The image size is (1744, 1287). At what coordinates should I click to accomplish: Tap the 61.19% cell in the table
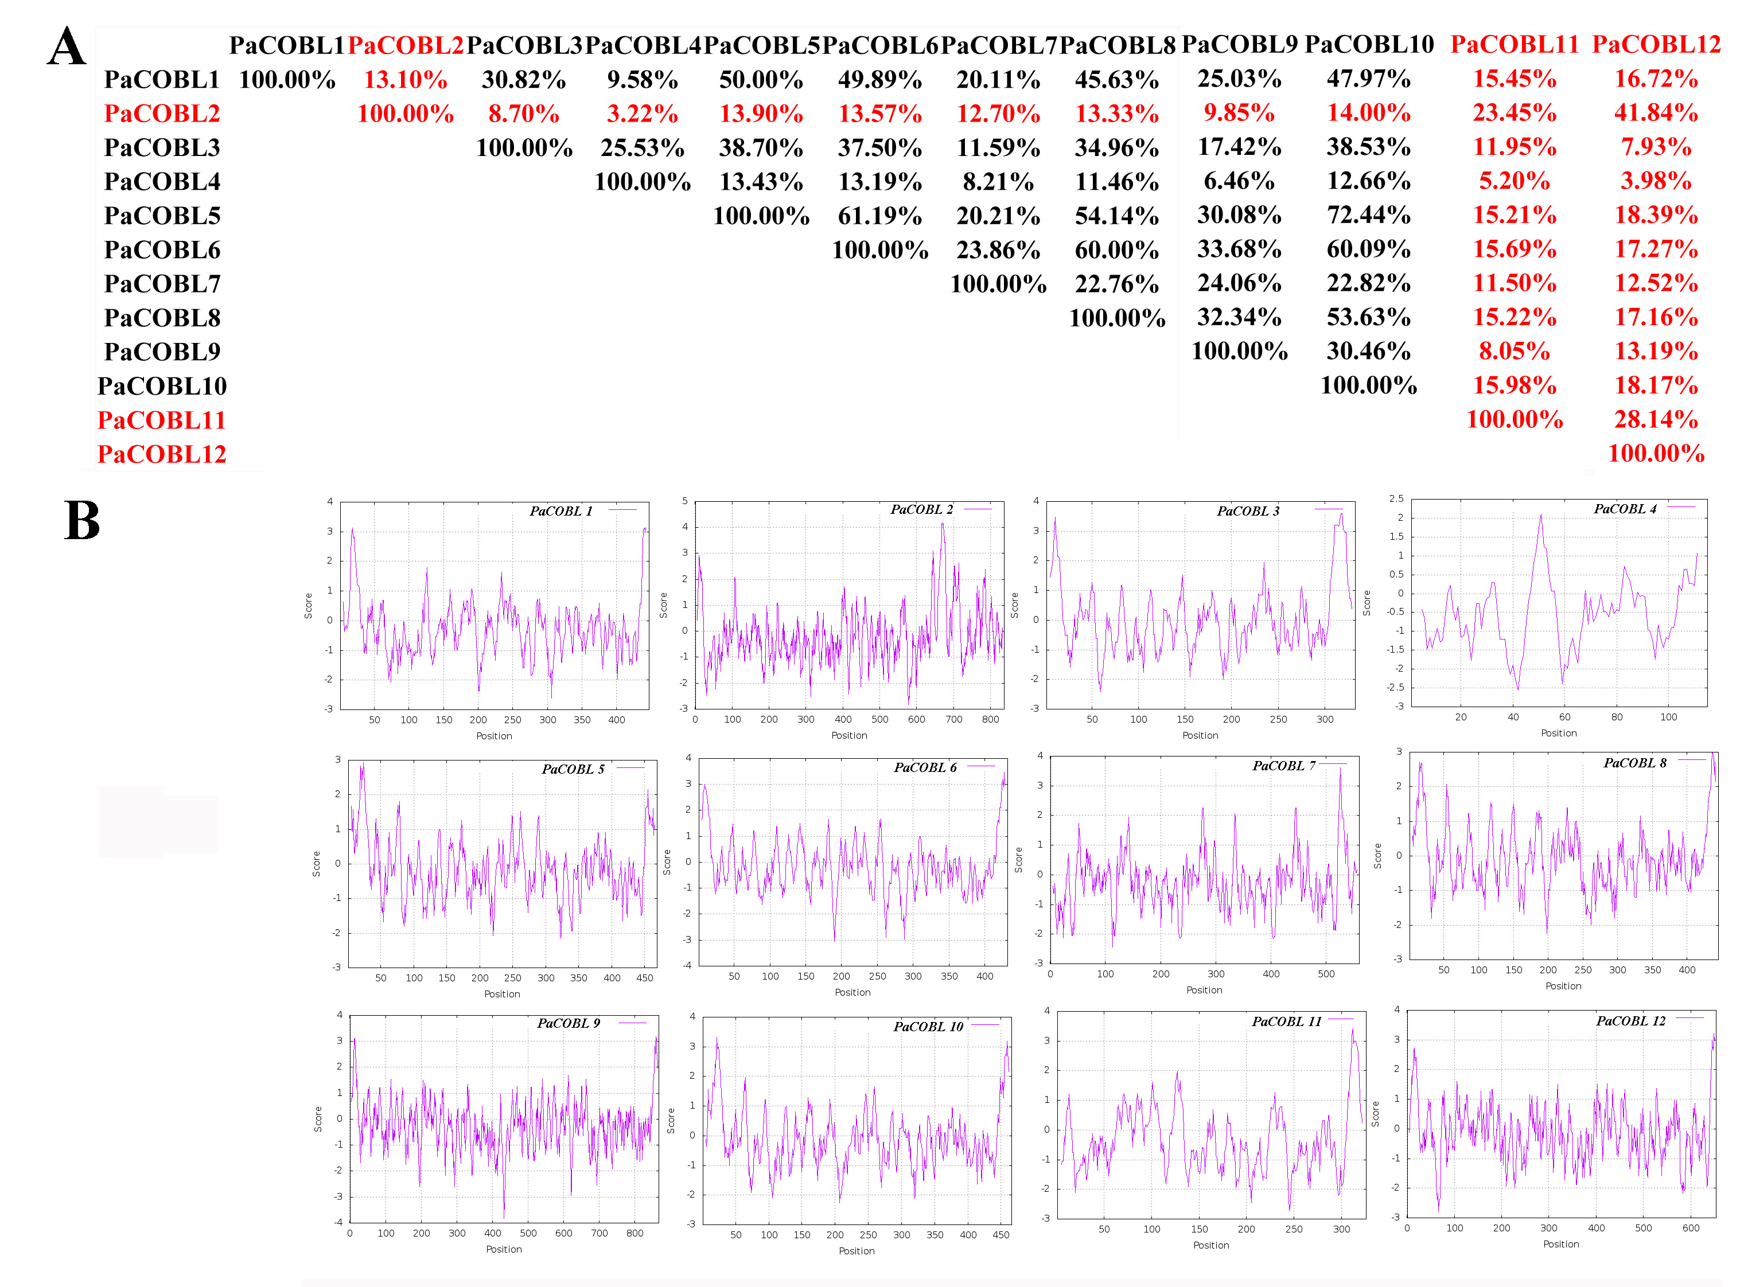coord(880,216)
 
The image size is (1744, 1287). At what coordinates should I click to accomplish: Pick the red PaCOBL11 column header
coord(1513,44)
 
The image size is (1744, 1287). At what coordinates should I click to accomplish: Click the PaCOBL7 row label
coord(162,283)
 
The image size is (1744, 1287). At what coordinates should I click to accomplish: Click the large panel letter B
coord(82,520)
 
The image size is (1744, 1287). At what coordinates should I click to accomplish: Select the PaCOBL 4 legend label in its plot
coord(1624,509)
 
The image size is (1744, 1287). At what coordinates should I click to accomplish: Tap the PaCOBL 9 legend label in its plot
coord(568,1023)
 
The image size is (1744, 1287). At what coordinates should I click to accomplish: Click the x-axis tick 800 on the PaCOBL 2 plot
coord(990,719)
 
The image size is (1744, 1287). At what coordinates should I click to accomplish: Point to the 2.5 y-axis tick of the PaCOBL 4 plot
coord(1396,498)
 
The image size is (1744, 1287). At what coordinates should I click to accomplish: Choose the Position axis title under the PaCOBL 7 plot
coord(1204,990)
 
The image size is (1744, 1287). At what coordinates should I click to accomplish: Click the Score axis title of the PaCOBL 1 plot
coord(309,605)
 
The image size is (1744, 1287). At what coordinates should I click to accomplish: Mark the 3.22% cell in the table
coord(642,114)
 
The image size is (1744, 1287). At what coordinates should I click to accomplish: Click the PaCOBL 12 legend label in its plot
coord(1630,1020)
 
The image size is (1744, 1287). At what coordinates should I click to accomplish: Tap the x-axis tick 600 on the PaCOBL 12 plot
coord(1690,1228)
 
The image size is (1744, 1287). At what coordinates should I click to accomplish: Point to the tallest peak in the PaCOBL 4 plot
coord(1540,516)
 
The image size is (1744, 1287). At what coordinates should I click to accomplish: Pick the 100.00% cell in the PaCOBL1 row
coord(287,80)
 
